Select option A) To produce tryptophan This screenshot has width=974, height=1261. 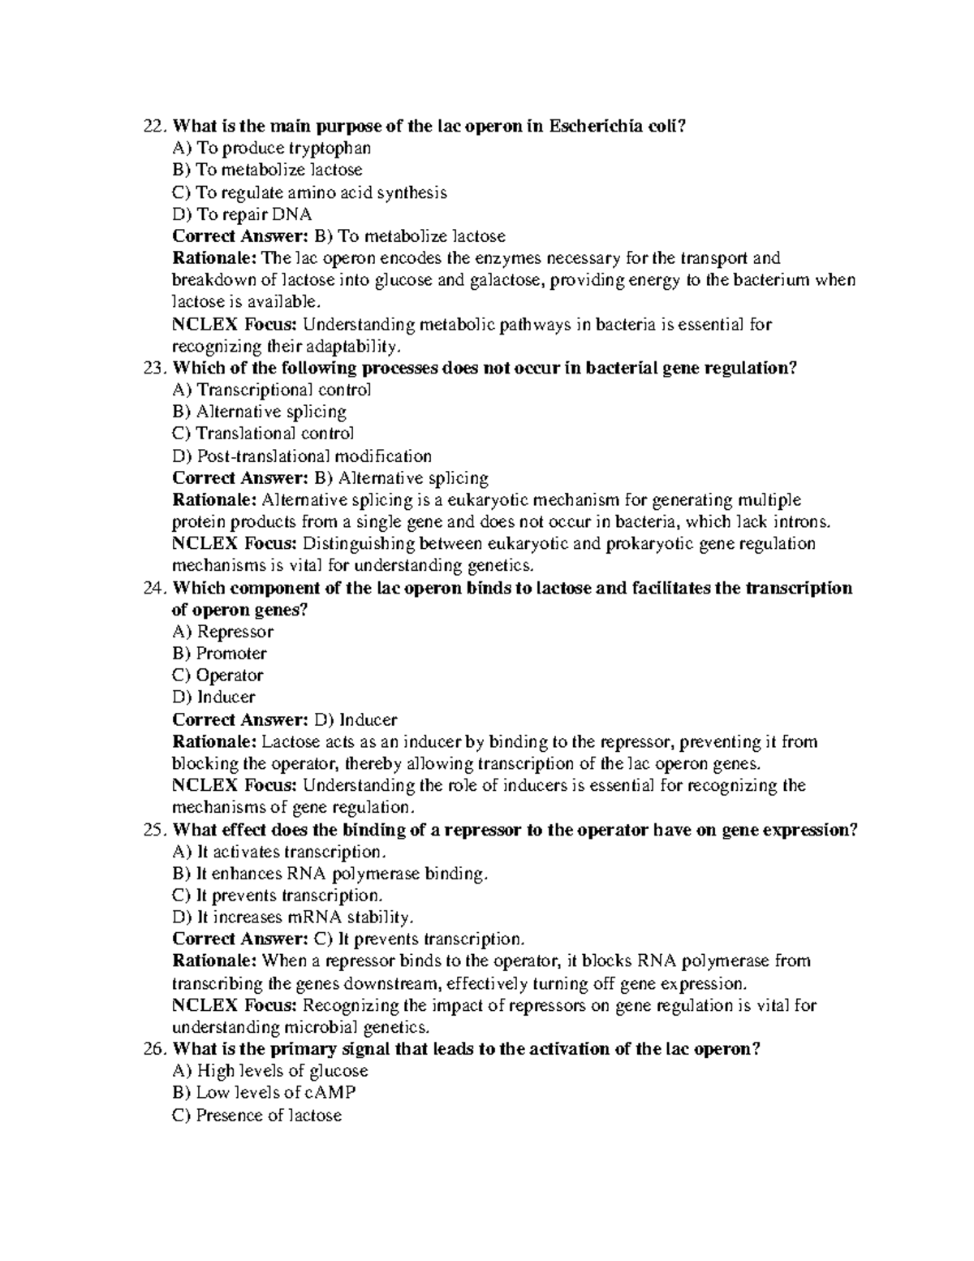[x=272, y=148]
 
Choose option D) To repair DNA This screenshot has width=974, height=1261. [x=242, y=214]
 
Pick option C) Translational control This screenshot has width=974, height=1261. [x=263, y=434]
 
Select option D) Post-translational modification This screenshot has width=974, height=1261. [x=302, y=456]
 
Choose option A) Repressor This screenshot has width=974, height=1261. [x=223, y=632]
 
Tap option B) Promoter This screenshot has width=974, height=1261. [x=219, y=654]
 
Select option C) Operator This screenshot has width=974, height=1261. [x=218, y=676]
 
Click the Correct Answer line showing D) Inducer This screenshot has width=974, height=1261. [x=285, y=719]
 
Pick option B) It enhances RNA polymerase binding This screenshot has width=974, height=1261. [x=330, y=874]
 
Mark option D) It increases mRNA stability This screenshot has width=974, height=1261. [x=293, y=918]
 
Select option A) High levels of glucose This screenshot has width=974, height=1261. [x=270, y=1071]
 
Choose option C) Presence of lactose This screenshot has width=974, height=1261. [x=256, y=1115]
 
